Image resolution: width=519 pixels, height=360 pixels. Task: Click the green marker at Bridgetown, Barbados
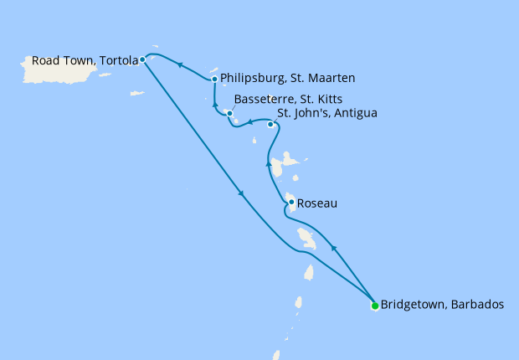click(374, 306)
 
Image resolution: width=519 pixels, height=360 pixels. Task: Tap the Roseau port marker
click(290, 203)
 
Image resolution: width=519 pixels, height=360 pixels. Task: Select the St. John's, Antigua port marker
click(270, 125)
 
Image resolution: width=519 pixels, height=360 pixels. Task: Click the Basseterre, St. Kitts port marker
click(229, 113)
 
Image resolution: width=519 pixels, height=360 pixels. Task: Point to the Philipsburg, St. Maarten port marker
click(215, 80)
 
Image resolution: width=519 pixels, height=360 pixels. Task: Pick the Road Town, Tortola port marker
click(143, 59)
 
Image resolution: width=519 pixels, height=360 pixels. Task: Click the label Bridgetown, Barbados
click(442, 306)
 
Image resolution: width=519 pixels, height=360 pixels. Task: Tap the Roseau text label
click(317, 203)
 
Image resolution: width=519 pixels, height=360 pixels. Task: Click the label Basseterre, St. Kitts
click(289, 98)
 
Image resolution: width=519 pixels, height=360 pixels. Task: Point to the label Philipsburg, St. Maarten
click(288, 79)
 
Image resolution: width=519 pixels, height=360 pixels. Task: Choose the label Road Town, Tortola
click(85, 60)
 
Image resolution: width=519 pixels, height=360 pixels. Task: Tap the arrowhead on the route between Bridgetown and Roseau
click(334, 249)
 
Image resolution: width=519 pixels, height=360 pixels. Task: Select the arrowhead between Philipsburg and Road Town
click(180, 65)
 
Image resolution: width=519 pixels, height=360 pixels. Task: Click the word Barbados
click(476, 306)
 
